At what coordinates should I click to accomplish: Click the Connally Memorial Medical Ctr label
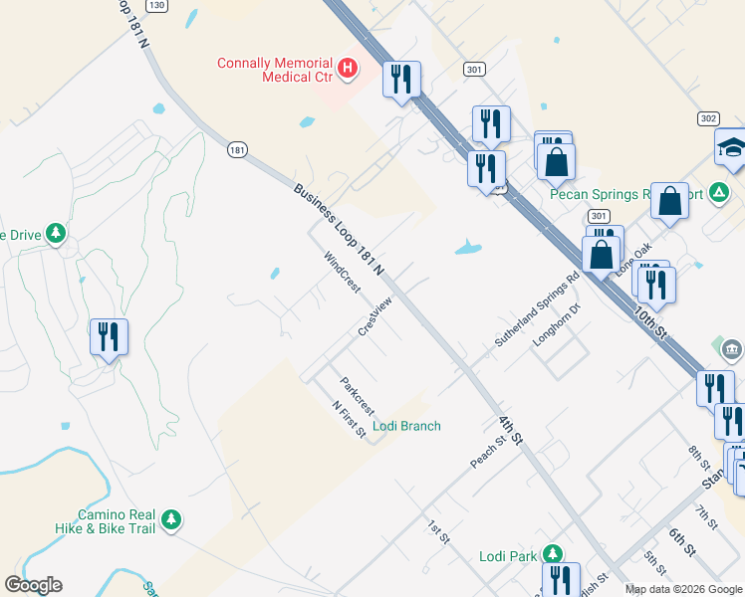click(277, 69)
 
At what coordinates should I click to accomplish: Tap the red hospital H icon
click(347, 68)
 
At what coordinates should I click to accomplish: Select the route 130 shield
click(155, 5)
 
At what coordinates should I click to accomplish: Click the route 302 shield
click(707, 117)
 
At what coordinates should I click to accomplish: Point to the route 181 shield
click(236, 149)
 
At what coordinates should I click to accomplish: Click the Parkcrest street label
click(357, 395)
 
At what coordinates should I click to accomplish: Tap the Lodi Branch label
click(406, 426)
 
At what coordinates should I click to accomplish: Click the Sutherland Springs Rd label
click(537, 311)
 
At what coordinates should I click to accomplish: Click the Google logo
click(33, 585)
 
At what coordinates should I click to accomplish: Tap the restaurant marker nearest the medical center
click(401, 80)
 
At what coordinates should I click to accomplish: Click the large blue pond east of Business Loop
click(468, 247)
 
